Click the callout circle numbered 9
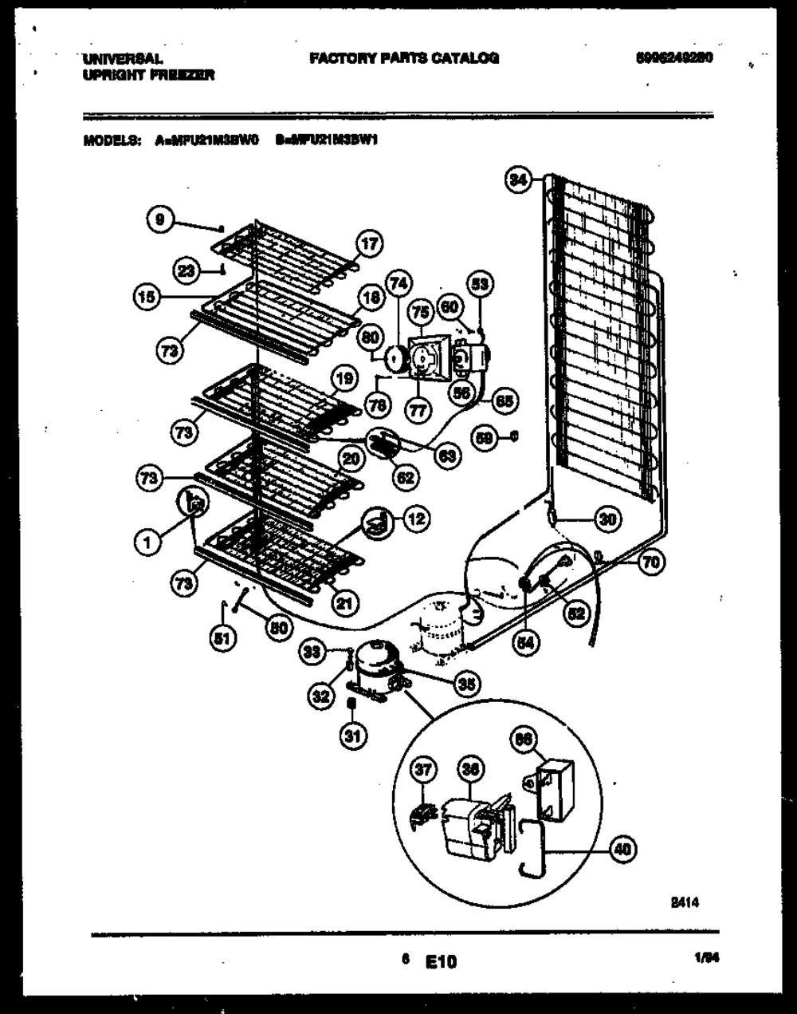[x=160, y=219]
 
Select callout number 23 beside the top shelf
[x=186, y=271]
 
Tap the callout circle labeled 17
[x=368, y=244]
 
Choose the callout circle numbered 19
[x=343, y=380]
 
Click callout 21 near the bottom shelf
[x=343, y=603]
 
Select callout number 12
[x=414, y=519]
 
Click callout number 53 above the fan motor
[x=480, y=282]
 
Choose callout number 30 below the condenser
[x=607, y=519]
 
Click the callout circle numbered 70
[x=651, y=563]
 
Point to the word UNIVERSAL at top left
[x=122, y=59]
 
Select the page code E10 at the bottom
[x=441, y=961]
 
